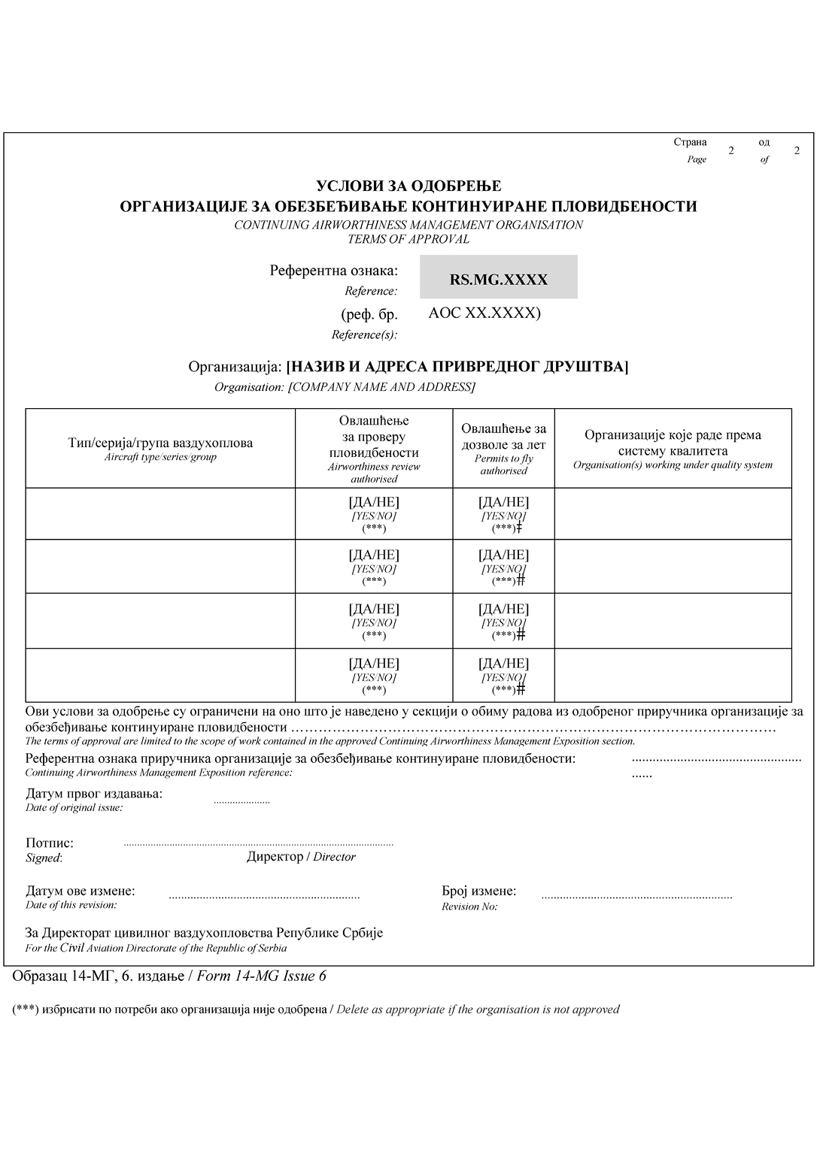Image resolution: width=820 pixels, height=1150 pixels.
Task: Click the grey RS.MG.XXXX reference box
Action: point(499,278)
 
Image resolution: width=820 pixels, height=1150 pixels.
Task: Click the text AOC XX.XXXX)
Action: point(484,313)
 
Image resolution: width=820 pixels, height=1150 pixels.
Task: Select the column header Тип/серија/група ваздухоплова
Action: point(160,443)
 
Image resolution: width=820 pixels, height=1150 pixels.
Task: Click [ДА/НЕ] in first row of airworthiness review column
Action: point(374,502)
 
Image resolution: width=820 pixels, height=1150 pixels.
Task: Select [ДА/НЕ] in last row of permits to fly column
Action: point(503,664)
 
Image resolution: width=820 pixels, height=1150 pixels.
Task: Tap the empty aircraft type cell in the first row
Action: point(160,514)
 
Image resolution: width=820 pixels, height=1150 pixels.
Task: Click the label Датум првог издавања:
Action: point(94,794)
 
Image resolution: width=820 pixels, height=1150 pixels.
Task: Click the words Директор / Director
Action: point(301,857)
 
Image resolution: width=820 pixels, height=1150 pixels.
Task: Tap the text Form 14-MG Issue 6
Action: point(261,976)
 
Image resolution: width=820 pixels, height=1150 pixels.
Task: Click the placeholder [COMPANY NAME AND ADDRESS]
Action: point(382,387)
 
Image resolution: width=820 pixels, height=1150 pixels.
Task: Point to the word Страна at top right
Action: point(690,142)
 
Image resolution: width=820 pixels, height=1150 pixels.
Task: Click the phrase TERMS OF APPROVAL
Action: point(408,239)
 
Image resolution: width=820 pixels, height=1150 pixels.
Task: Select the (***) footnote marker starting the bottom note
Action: point(25,1009)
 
